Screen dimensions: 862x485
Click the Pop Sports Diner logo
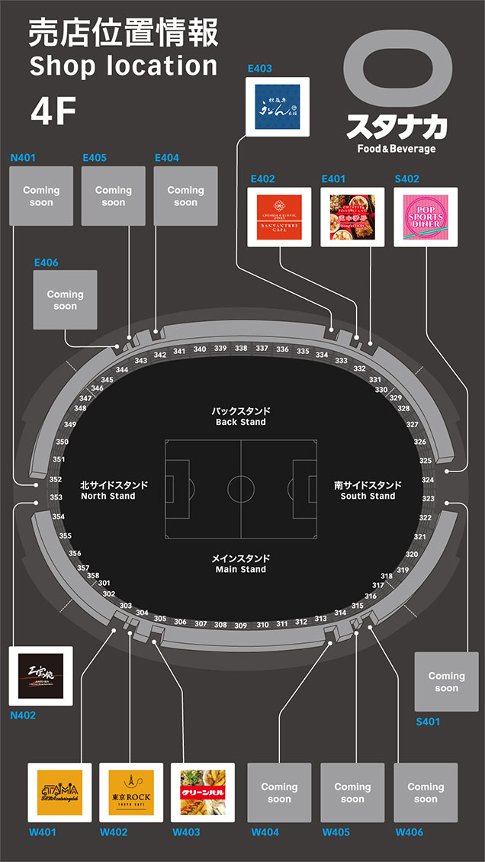pyautogui.click(x=426, y=217)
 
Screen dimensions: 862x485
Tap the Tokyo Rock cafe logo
pyautogui.click(x=130, y=792)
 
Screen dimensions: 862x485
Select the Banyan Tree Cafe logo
pyautogui.click(x=279, y=217)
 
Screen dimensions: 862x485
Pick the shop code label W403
pyautogui.click(x=187, y=831)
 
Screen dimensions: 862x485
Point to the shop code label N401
pyautogui.click(x=23, y=158)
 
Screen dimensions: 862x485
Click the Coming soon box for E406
pyautogui.click(x=65, y=300)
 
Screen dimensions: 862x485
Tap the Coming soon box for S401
pyautogui.click(x=446, y=682)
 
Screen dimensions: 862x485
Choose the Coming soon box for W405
pyautogui.click(x=352, y=793)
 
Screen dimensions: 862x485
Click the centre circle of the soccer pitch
pyautogui.click(x=241, y=487)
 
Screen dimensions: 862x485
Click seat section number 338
pyautogui.click(x=241, y=348)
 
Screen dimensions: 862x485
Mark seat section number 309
pyautogui.click(x=241, y=626)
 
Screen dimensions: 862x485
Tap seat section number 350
pyautogui.click(x=62, y=442)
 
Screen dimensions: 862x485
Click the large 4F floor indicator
pyautogui.click(x=53, y=112)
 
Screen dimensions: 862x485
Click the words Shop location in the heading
pyautogui.click(x=123, y=66)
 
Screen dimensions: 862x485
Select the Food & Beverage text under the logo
pyautogui.click(x=397, y=148)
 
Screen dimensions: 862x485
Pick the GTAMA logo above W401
pyautogui.click(x=59, y=792)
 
